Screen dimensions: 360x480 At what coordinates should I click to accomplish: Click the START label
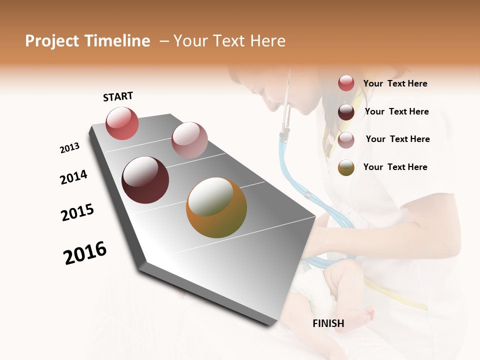pyautogui.click(x=118, y=96)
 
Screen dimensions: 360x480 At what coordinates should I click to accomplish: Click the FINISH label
pyautogui.click(x=328, y=323)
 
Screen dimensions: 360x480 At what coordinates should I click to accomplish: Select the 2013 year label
pyautogui.click(x=69, y=148)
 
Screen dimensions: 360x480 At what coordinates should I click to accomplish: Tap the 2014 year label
pyautogui.click(x=73, y=177)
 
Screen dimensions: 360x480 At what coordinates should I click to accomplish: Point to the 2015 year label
pyautogui.click(x=77, y=212)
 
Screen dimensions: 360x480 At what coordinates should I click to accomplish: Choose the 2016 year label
pyautogui.click(x=85, y=253)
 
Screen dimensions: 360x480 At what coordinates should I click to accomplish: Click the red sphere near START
pyautogui.click(x=122, y=123)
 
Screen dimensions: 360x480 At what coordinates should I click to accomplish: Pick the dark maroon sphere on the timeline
pyautogui.click(x=145, y=180)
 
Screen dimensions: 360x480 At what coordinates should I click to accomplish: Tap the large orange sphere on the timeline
pyautogui.click(x=216, y=207)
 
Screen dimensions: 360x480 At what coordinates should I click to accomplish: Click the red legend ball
pyautogui.click(x=346, y=83)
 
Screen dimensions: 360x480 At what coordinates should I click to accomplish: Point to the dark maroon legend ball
pyautogui.click(x=346, y=112)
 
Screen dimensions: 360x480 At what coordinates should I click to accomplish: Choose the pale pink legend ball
pyautogui.click(x=346, y=140)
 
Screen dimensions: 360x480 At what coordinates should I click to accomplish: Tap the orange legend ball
pyautogui.click(x=346, y=167)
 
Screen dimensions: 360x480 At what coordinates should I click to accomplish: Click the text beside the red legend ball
pyautogui.click(x=395, y=83)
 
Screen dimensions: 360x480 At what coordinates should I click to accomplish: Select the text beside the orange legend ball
pyautogui.click(x=395, y=167)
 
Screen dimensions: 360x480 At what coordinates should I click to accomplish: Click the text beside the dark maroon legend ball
pyautogui.click(x=396, y=111)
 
